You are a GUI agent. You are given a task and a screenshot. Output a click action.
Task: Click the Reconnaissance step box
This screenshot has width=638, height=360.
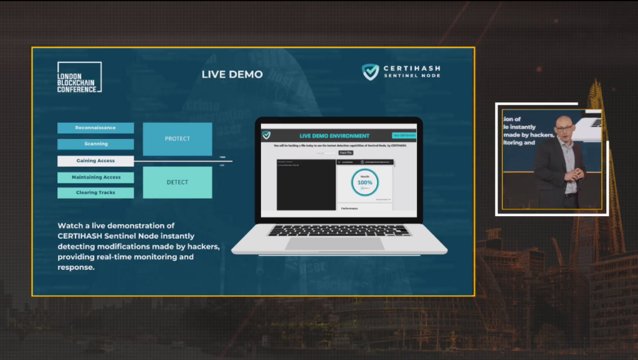[95, 128]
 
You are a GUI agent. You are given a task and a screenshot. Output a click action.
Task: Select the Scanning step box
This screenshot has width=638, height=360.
[95, 144]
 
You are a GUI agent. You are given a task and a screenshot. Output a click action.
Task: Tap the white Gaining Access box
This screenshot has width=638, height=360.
[95, 161]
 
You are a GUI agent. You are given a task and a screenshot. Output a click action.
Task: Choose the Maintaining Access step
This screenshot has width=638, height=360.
[95, 178]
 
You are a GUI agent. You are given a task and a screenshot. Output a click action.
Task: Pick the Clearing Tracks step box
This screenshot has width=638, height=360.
[95, 192]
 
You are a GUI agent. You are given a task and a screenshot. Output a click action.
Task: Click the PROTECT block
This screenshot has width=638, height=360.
[177, 139]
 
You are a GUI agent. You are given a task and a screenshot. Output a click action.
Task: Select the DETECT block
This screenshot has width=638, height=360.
[177, 182]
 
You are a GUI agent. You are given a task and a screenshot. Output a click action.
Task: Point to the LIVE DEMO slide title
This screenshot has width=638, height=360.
[232, 74]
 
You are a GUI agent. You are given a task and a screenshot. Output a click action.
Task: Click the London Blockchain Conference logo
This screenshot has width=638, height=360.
[79, 78]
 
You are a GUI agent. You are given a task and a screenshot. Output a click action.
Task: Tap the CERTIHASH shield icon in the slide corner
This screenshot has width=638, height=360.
[370, 72]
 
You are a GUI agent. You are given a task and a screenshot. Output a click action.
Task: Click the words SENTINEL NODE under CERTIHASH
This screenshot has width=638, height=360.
[412, 76]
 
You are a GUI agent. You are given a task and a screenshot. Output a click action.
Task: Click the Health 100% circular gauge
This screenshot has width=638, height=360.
[364, 182]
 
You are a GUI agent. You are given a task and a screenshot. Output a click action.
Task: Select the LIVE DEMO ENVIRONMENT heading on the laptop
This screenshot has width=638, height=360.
[334, 136]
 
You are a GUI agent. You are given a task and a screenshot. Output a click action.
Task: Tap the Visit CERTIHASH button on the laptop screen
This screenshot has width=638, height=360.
[404, 135]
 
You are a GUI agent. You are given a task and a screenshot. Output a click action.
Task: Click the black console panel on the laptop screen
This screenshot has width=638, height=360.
[305, 184]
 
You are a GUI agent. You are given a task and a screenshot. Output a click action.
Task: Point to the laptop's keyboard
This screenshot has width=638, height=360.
[340, 230]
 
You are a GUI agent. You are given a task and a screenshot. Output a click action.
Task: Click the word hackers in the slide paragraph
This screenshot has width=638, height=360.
[199, 247]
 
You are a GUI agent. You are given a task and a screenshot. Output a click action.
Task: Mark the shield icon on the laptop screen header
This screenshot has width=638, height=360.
[267, 135]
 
